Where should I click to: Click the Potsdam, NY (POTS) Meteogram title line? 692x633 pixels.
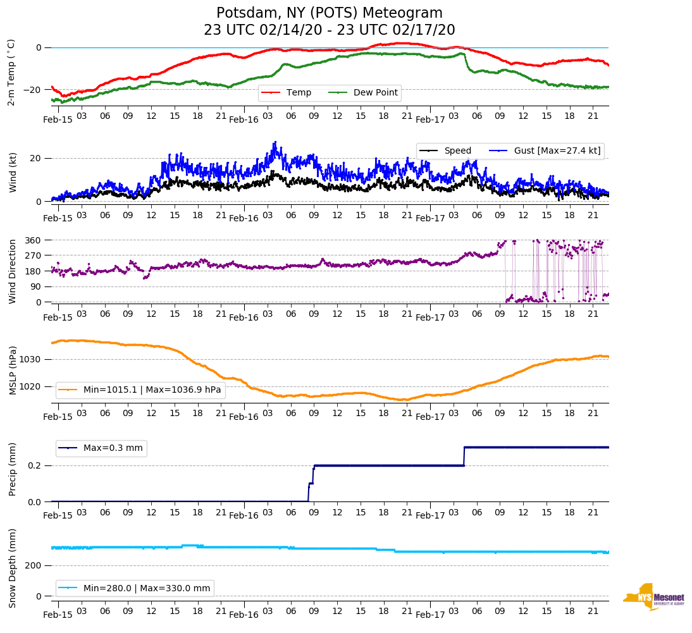(x=330, y=13)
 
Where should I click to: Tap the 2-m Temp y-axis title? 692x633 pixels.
(x=11, y=72)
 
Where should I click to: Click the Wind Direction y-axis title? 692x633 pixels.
(x=13, y=271)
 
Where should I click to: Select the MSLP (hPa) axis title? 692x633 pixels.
(x=13, y=371)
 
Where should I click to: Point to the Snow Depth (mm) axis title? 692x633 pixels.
(x=13, y=568)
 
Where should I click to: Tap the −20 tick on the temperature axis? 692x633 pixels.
(x=33, y=90)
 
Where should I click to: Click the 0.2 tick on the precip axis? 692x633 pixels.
(x=35, y=466)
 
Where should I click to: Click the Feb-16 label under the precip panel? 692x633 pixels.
(x=244, y=515)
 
